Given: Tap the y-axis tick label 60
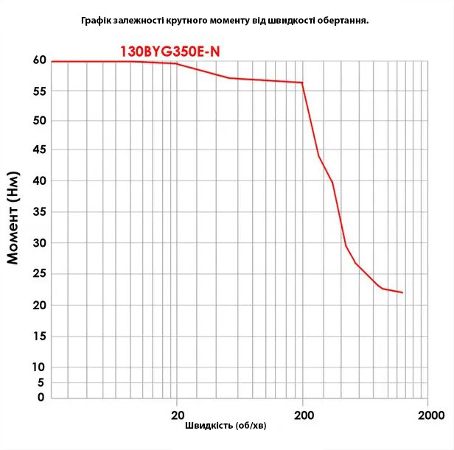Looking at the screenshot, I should (x=39, y=60).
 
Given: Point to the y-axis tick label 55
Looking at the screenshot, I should (x=39, y=91).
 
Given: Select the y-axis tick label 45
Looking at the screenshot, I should (x=39, y=150).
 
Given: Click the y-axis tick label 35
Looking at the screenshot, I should (x=39, y=212).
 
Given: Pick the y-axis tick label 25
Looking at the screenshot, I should (x=39, y=274).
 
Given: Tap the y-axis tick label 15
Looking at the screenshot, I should (x=39, y=336).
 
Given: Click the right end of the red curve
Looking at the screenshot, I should (x=402, y=292).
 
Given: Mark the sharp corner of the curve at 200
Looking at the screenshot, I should (x=302, y=82).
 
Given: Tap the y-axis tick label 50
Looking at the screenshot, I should (x=39, y=121).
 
